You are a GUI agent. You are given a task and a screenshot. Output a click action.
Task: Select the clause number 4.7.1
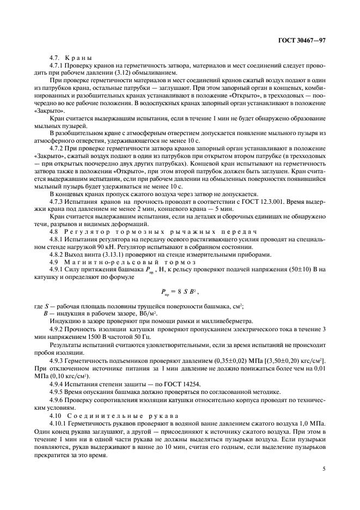[x=56, y=66]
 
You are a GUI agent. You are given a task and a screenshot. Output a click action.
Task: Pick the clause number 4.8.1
[x=56, y=239]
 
